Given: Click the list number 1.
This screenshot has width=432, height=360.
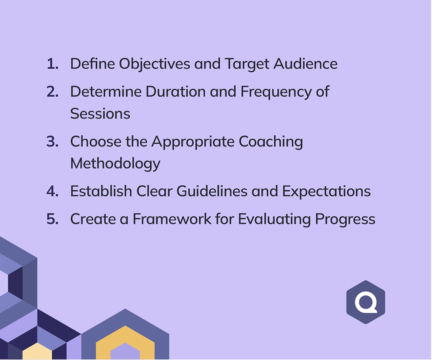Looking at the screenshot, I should tap(53, 64).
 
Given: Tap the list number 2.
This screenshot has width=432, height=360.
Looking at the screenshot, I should tap(53, 92).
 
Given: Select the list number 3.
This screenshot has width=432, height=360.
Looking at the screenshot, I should tap(53, 142).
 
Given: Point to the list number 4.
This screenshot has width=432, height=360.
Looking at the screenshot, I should tap(53, 191).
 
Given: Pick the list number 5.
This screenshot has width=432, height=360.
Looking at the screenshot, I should tap(53, 219).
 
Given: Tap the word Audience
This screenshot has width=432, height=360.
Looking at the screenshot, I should tap(305, 64).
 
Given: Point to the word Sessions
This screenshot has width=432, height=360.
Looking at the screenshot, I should tap(100, 114).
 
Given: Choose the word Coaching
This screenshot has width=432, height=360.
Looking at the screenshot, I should tap(271, 142).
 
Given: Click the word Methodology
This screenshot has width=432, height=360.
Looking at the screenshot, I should tap(115, 164).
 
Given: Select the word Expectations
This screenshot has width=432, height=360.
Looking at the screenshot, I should tap(326, 191).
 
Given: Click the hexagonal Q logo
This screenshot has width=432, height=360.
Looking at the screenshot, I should tap(365, 302).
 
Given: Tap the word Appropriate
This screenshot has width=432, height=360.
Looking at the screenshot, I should tap(193, 142).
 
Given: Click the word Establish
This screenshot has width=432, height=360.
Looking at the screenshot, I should tap(101, 191).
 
